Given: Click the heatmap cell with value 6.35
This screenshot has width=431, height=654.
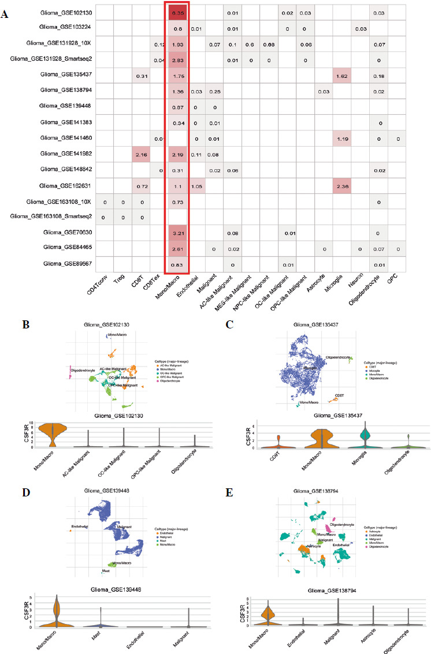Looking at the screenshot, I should click(178, 12).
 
